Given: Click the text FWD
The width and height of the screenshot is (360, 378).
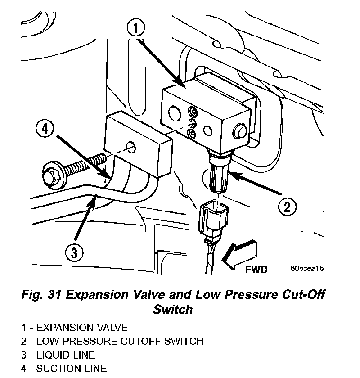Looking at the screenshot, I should click(256, 270).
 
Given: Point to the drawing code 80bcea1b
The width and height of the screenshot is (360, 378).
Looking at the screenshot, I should click(307, 269).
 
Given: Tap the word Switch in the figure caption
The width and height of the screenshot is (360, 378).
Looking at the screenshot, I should click(173, 310).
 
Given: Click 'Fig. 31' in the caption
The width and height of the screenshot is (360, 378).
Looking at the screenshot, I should click(41, 295).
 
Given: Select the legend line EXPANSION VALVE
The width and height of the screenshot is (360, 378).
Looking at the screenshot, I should click(74, 328).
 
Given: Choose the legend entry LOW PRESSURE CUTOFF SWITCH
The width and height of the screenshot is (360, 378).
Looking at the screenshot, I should click(112, 341).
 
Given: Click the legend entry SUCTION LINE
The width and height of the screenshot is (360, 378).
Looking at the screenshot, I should click(63, 369).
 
